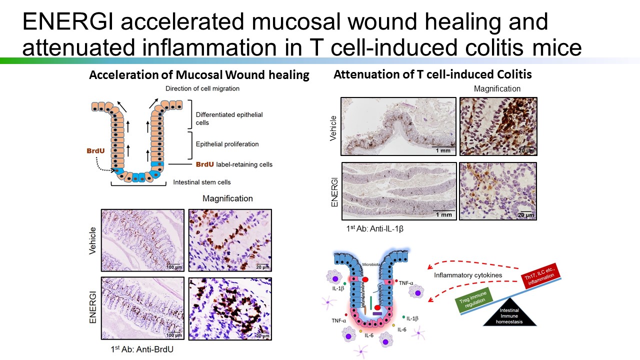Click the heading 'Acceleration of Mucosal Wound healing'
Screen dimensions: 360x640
[x=199, y=75]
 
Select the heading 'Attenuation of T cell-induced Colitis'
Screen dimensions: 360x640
[x=432, y=74]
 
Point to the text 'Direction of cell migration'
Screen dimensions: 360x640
[x=202, y=88]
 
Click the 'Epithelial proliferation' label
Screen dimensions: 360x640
[x=227, y=144]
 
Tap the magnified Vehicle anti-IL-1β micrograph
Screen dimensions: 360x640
[x=498, y=126]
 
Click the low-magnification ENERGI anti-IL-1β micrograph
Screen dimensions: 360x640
[x=399, y=191]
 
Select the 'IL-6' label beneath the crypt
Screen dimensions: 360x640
[x=369, y=335]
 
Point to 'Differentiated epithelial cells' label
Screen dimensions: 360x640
[x=229, y=118]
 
